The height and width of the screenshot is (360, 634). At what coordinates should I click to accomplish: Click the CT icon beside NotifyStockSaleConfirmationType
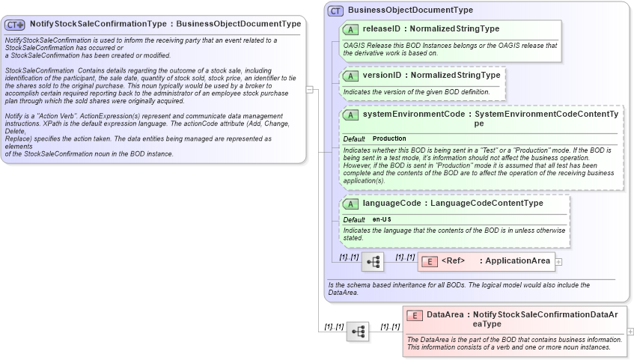[16, 25]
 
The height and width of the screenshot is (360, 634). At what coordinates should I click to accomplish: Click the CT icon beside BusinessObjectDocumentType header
[335, 10]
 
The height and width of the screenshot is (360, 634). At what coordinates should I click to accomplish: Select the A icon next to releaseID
[350, 29]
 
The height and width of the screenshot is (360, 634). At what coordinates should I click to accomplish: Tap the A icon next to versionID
[350, 76]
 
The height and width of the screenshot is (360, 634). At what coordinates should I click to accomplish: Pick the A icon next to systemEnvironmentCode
[350, 115]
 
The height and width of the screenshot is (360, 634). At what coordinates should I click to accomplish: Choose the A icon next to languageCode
[350, 204]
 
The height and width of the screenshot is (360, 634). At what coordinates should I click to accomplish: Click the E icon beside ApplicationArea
[430, 261]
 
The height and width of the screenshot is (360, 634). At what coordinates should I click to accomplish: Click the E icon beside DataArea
[414, 315]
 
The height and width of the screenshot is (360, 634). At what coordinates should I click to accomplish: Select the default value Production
[389, 138]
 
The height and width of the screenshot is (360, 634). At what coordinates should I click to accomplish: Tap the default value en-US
[382, 219]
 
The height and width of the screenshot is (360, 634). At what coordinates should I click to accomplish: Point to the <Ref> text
[454, 261]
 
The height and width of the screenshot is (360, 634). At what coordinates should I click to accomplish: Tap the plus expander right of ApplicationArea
[558, 261]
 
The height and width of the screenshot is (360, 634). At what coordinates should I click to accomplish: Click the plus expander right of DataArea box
[630, 331]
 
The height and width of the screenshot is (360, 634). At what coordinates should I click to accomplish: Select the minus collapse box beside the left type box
[309, 88]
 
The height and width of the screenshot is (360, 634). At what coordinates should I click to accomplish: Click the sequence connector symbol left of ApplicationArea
[372, 263]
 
